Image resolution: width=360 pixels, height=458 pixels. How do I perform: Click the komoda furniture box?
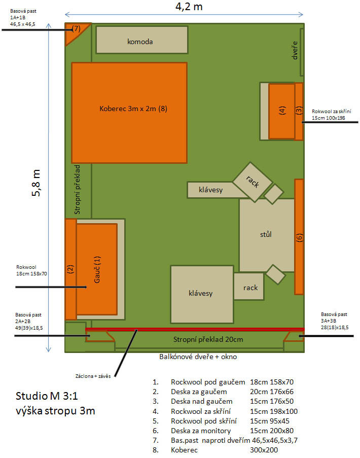[x=142, y=40]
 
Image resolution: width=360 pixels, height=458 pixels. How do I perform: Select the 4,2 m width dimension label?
[x=189, y=7]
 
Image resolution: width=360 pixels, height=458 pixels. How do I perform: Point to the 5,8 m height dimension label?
[x=36, y=183]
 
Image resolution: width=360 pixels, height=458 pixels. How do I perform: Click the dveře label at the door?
[x=295, y=50]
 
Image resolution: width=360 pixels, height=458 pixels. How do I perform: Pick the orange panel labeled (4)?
[x=281, y=111]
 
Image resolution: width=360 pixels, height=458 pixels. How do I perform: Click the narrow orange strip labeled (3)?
[x=299, y=111]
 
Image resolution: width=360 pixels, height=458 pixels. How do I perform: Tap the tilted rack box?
[x=253, y=182]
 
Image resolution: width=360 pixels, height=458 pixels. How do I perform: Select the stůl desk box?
[x=267, y=235]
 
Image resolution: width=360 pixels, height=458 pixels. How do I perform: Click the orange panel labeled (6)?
[x=299, y=236]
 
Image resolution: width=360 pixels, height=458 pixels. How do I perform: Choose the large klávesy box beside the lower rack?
[x=202, y=294]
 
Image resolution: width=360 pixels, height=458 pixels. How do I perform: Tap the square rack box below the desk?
[x=249, y=287]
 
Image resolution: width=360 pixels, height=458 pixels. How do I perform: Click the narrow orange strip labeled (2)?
[x=70, y=269]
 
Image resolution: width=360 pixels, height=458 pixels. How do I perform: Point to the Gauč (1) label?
[x=97, y=270]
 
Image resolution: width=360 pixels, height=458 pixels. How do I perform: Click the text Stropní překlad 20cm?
[x=208, y=339]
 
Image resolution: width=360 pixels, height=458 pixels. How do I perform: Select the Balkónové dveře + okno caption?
[x=198, y=357]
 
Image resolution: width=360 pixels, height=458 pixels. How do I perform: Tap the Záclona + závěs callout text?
[x=93, y=376]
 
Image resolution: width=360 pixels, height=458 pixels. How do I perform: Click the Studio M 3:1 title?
[x=47, y=396]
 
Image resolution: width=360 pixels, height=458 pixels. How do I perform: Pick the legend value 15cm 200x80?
[x=272, y=431]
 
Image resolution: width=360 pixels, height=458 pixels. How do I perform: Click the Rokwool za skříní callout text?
[x=332, y=111]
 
